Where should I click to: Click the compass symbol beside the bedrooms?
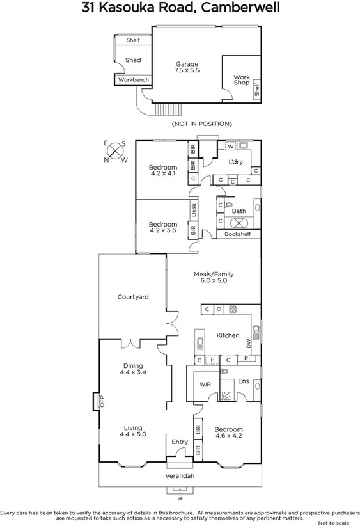115,152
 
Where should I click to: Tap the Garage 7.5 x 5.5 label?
187,68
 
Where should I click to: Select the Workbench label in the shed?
133,80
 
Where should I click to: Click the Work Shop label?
240,80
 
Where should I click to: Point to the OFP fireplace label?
100,402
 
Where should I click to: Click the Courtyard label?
133,297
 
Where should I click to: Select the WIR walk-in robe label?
205,384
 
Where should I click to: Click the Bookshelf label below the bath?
238,234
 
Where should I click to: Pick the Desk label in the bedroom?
192,209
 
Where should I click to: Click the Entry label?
180,442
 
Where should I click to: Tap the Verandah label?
180,477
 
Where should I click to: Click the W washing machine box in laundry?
231,146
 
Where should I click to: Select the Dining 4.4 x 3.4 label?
133,370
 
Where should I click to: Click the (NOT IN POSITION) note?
202,124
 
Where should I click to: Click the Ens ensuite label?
243,382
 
